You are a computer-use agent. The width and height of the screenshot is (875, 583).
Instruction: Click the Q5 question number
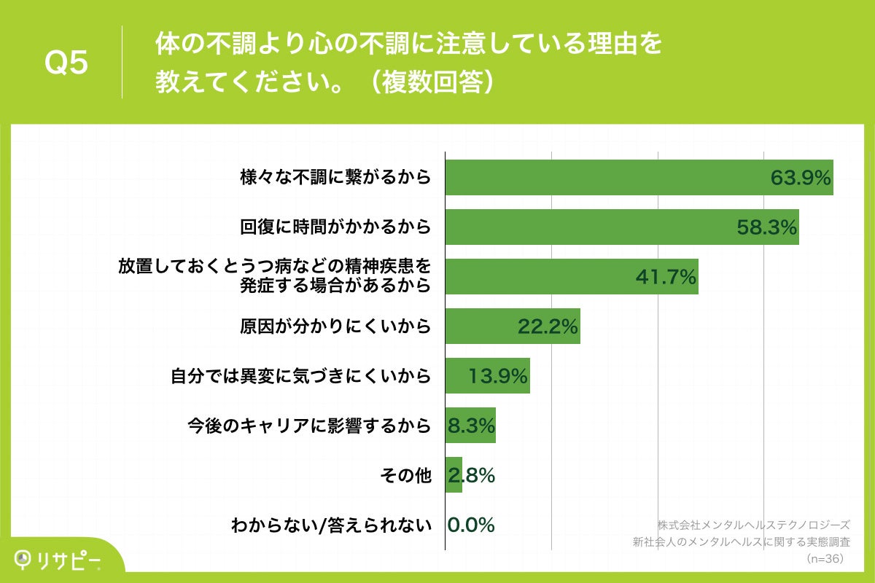pyautogui.click(x=66, y=63)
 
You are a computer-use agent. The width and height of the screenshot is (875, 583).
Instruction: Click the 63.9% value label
pyautogui.click(x=801, y=179)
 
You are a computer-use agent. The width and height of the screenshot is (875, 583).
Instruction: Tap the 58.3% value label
pyautogui.click(x=767, y=228)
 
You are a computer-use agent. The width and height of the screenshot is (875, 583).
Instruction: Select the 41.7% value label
pyautogui.click(x=666, y=278)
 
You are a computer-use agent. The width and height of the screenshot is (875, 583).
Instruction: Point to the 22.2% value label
pyautogui.click(x=548, y=327)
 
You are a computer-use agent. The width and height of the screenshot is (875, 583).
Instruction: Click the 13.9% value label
pyautogui.click(x=498, y=377)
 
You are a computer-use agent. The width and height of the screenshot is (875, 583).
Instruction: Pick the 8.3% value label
pyautogui.click(x=471, y=426)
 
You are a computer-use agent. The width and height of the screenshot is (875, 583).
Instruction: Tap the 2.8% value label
pyautogui.click(x=471, y=475)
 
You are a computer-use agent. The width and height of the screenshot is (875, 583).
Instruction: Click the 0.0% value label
pyautogui.click(x=471, y=525)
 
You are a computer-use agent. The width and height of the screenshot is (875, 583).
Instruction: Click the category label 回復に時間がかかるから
pyautogui.click(x=335, y=227)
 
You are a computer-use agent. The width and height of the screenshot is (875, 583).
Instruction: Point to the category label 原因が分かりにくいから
pyautogui.click(x=335, y=326)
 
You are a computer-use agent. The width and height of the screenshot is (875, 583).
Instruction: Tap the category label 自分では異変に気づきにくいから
pyautogui.click(x=300, y=376)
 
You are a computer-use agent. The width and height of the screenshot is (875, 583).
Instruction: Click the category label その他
pyautogui.click(x=405, y=475)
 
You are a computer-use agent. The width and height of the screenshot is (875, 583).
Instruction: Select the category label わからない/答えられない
pyautogui.click(x=331, y=525)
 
